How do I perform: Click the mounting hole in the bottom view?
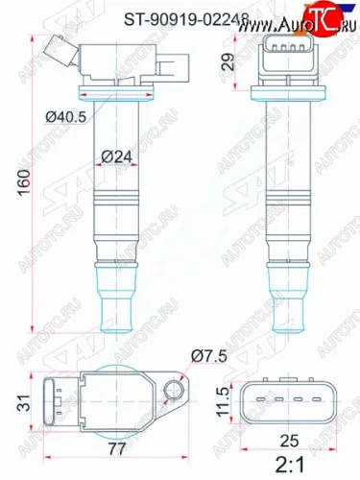pos(175,389)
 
